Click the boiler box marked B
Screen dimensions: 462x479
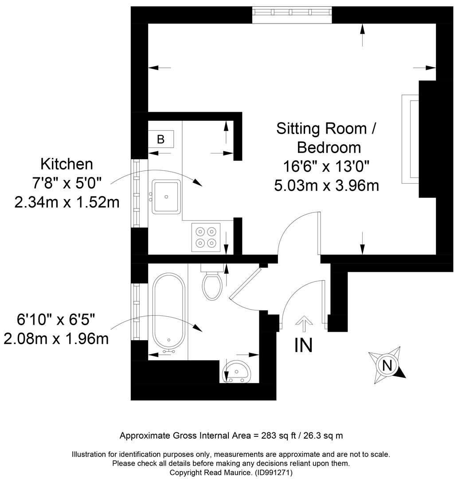[x=161, y=139]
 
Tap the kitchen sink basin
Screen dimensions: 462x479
[x=166, y=196]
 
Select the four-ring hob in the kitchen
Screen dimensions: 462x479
[x=206, y=237]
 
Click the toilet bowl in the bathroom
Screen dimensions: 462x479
[x=212, y=286]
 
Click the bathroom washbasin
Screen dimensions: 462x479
[x=237, y=371]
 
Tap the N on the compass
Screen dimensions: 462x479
[x=387, y=365]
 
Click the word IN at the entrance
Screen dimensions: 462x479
[x=304, y=345]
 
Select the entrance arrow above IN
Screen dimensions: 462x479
[x=304, y=324]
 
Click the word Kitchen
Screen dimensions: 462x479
[x=67, y=164]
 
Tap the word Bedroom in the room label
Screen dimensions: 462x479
[x=329, y=148]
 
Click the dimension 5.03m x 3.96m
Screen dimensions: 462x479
[x=326, y=185]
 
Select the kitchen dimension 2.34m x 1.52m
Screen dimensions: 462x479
[x=67, y=202]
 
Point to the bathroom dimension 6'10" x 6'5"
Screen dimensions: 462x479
[x=56, y=320]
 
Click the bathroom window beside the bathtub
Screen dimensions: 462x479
[x=136, y=312]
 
